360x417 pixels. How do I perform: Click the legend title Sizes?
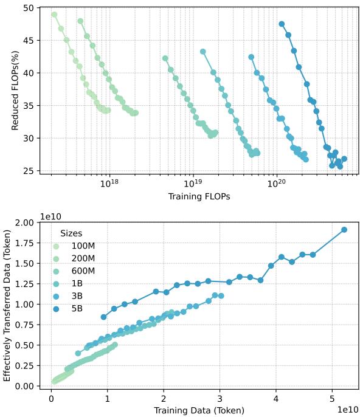[x=71, y=233]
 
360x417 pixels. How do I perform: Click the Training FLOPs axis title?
[x=198, y=197]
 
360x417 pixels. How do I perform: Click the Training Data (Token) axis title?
[x=198, y=410]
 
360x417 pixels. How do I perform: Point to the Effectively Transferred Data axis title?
[x=8, y=304]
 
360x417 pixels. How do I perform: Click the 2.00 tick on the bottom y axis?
[x=29, y=222]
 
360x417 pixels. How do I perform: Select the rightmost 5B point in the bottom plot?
[x=344, y=230]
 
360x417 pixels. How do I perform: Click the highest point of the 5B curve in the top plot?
[x=282, y=24]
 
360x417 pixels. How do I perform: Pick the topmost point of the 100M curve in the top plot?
[x=54, y=15]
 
